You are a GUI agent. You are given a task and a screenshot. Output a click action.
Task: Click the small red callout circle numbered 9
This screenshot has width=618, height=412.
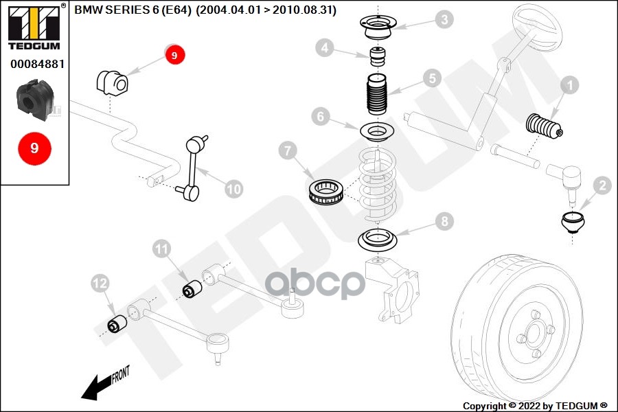[x=174, y=55]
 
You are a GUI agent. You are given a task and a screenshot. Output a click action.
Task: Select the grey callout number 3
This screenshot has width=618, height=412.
[x=445, y=19]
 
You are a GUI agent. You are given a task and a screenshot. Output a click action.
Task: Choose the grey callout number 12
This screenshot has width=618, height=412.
[x=100, y=282]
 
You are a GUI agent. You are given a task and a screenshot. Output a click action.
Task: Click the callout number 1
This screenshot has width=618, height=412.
[x=570, y=86]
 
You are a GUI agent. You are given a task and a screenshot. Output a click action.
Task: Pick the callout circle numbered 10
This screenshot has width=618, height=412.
[x=234, y=188]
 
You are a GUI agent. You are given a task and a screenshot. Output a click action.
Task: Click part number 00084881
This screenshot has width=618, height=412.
[x=37, y=64]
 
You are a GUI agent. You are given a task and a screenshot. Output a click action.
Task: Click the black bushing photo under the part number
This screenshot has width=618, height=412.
[x=34, y=99]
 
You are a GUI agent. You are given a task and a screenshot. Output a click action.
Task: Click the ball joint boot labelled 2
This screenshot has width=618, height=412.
[x=571, y=224]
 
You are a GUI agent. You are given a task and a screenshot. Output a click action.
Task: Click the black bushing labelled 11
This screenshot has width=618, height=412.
[x=193, y=290]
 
